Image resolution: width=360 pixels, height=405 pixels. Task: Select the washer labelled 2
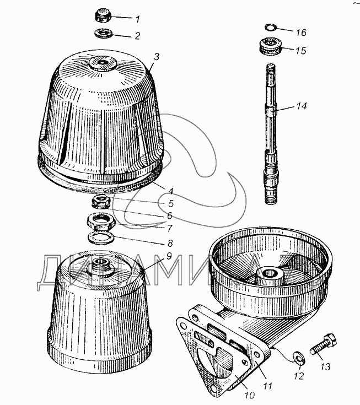click(x=104, y=33)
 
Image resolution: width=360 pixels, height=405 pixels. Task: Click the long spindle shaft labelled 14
click(x=271, y=134)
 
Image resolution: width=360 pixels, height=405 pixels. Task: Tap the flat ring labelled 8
click(x=101, y=237)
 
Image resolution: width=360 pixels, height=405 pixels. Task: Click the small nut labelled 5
click(x=101, y=201)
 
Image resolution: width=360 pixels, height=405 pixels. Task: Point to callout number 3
click(x=157, y=57)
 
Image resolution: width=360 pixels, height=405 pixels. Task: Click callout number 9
click(x=169, y=256)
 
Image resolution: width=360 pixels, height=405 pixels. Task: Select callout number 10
click(x=250, y=395)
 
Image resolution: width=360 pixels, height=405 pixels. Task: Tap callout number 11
click(x=267, y=386)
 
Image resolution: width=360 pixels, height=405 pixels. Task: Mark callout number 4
click(x=170, y=191)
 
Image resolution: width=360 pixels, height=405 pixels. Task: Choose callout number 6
click(x=170, y=215)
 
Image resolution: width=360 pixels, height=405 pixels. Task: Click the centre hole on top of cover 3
click(x=103, y=62)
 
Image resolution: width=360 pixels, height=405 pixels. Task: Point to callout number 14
click(x=302, y=106)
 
